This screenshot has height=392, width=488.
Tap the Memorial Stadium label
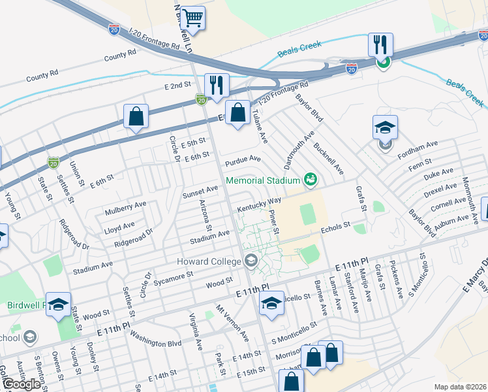point(263,180)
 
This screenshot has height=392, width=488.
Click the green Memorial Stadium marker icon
point(310,179)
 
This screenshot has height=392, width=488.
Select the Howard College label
point(209,262)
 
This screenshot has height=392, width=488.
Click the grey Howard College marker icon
point(251,262)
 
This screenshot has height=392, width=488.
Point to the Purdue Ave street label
point(243,160)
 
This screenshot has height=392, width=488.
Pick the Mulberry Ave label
point(125,208)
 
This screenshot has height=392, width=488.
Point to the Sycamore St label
point(174,278)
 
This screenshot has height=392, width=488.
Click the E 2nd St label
point(177,86)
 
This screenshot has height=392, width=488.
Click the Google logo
point(22,384)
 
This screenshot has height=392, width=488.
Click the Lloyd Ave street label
point(119,225)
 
